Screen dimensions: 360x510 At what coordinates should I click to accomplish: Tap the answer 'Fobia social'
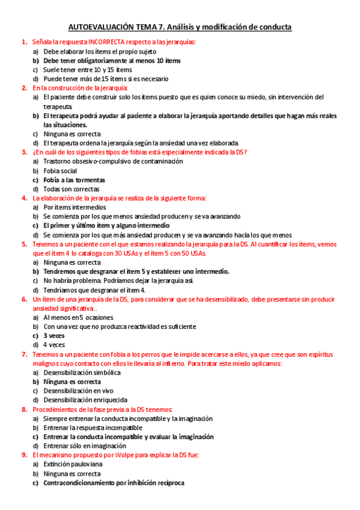click(60, 171)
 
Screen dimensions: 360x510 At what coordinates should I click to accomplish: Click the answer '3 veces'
click(54, 336)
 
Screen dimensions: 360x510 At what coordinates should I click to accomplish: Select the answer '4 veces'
click(54, 345)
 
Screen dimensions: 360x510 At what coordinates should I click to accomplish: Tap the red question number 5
click(24, 244)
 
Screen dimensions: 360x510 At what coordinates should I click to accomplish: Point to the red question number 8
click(24, 410)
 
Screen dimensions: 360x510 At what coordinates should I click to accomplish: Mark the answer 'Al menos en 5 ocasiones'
click(79, 317)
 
